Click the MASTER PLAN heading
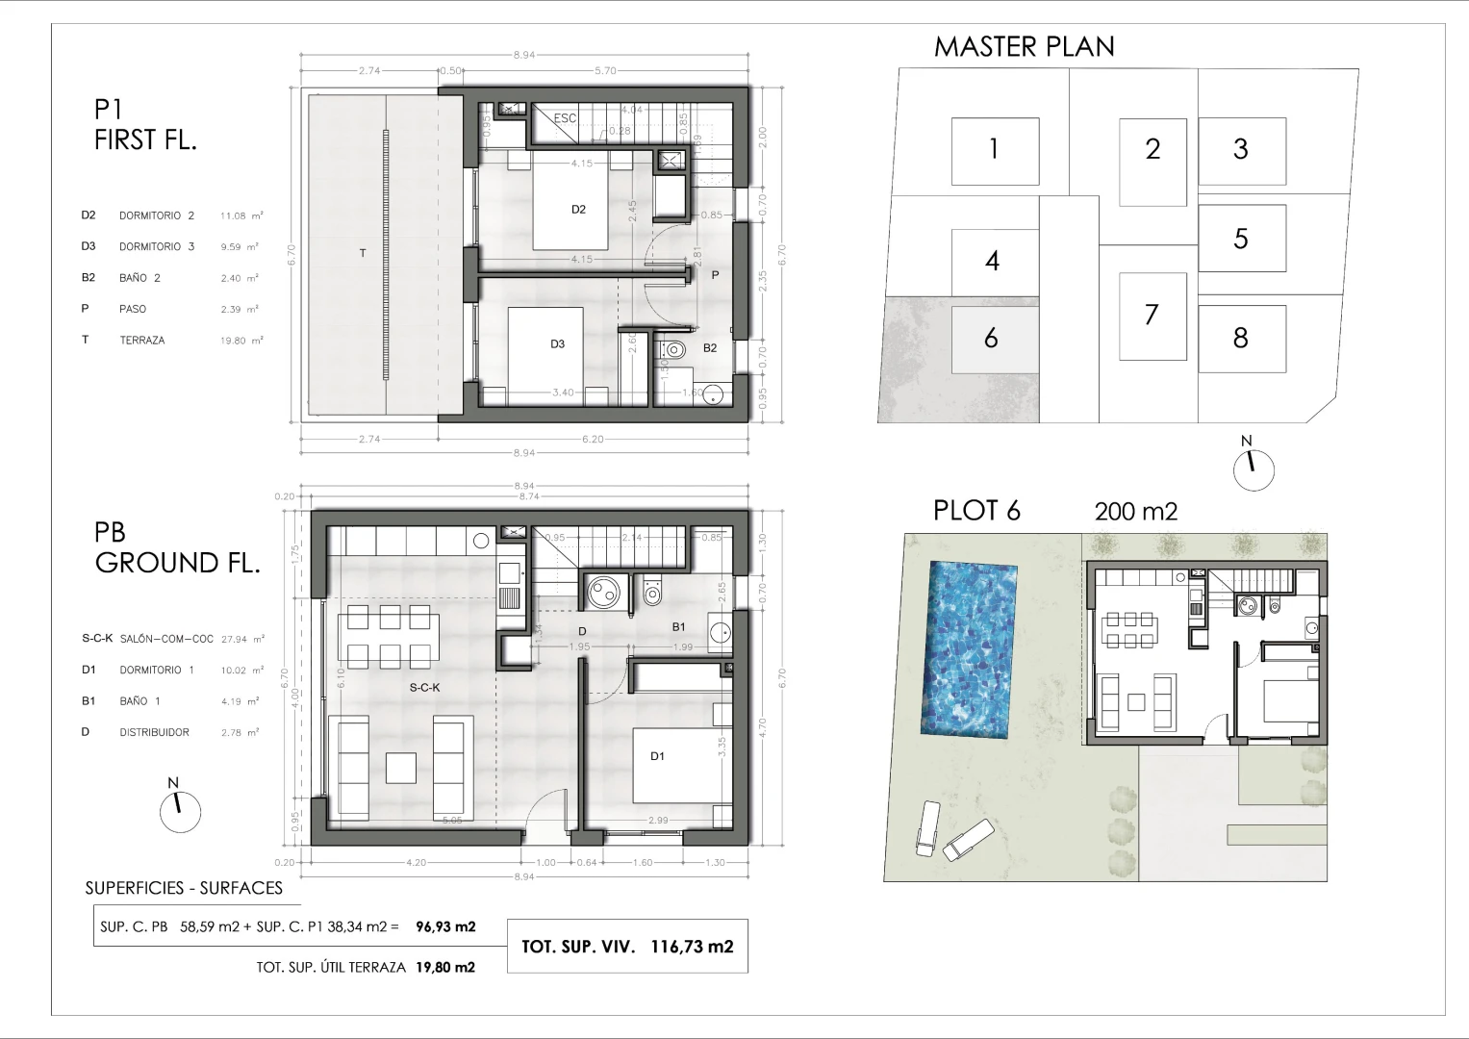pyautogui.click(x=1024, y=46)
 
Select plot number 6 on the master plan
pyautogui.click(x=992, y=339)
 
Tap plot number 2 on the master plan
pyautogui.click(x=1152, y=149)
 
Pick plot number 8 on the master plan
pyautogui.click(x=1240, y=339)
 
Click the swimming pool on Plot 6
pyautogui.click(x=971, y=650)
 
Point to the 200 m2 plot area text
pyautogui.click(x=1135, y=511)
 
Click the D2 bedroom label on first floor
pyautogui.click(x=578, y=209)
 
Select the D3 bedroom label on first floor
pyautogui.click(x=557, y=343)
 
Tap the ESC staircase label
pyautogui.click(x=565, y=118)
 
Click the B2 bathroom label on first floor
pyautogui.click(x=709, y=348)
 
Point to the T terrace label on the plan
pyautogui.click(x=363, y=253)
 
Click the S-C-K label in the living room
pyautogui.click(x=424, y=687)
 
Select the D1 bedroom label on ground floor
pyautogui.click(x=657, y=756)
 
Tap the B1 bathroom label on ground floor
pyautogui.click(x=678, y=626)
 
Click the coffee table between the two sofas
pyautogui.click(x=401, y=767)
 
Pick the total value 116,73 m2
pyautogui.click(x=692, y=947)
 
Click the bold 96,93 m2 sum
pyautogui.click(x=445, y=927)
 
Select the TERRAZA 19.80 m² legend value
pyautogui.click(x=241, y=341)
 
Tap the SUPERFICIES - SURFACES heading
pyautogui.click(x=184, y=888)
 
